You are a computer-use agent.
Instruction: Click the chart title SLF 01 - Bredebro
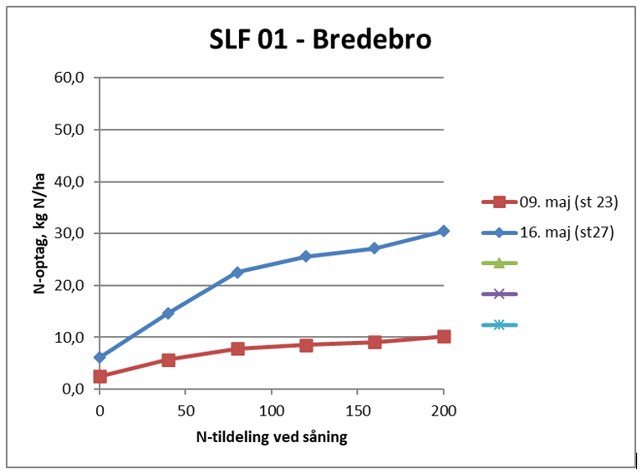[320, 40]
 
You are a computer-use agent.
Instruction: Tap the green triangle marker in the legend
[499, 262]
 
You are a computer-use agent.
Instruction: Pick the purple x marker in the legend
[499, 293]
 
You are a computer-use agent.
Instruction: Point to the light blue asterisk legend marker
[499, 324]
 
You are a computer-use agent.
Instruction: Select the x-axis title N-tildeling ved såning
[271, 437]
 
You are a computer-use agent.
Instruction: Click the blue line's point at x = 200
[443, 231]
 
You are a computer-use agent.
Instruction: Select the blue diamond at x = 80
[237, 272]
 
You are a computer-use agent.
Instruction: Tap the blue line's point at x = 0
[100, 357]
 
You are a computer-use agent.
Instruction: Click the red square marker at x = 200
[443, 337]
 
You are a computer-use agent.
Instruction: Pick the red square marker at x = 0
[100, 376]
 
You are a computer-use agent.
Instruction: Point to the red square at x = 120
[306, 345]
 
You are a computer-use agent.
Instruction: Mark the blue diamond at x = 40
[168, 313]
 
